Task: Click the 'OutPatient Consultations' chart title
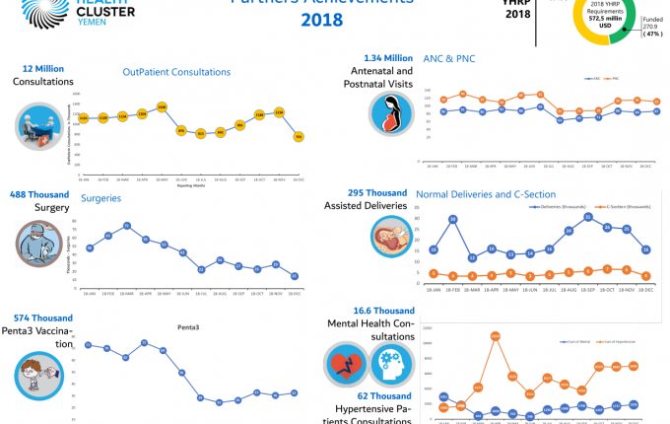tap(177, 72)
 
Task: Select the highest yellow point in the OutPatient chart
tap(162, 106)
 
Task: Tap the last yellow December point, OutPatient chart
tap(298, 137)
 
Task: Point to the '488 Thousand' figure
tap(39, 194)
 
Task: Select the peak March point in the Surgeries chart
tap(127, 226)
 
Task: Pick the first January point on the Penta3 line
tap(89, 345)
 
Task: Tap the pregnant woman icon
tap(390, 112)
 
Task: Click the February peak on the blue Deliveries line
tap(452, 218)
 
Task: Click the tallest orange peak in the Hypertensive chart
tap(496, 336)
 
